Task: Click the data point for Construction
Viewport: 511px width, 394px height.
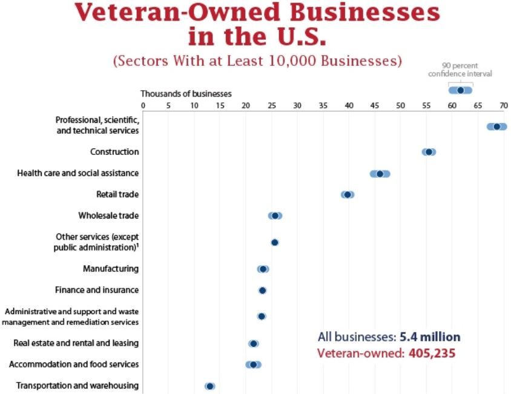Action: (429, 152)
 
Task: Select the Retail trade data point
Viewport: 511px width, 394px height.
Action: (348, 195)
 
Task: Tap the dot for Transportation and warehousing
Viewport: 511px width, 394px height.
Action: (209, 386)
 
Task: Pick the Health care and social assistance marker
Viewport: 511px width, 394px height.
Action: (380, 174)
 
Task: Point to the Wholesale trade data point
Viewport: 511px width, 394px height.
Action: (275, 215)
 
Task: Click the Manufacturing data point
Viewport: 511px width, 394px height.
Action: (262, 269)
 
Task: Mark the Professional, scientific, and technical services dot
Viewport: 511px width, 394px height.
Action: (497, 126)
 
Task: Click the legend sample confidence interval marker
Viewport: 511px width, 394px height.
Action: (460, 90)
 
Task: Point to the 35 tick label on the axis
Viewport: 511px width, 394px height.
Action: (323, 105)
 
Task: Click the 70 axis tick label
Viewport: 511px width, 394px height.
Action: (503, 105)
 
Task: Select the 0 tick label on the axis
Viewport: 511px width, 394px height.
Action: (143, 105)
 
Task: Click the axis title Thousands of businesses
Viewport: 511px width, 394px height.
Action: (186, 94)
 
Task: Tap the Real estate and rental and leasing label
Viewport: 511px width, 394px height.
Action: (76, 343)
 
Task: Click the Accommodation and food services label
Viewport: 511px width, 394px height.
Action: (74, 364)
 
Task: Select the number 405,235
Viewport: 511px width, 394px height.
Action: (429, 353)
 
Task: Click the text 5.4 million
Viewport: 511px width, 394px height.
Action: (429, 337)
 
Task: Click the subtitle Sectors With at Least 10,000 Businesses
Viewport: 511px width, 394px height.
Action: (258, 61)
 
